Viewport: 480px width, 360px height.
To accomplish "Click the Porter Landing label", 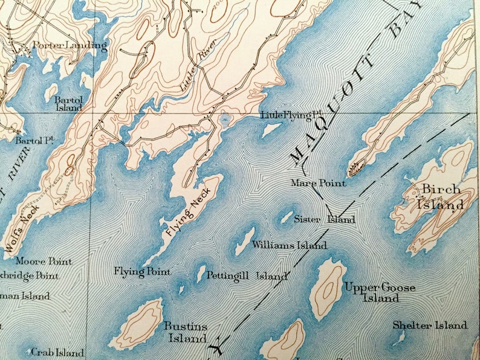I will tap(70, 45).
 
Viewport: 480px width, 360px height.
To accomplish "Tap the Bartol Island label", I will tap(68, 103).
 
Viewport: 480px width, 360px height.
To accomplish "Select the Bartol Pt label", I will tap(35, 140).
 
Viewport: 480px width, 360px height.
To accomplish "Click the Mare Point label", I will tap(319, 183).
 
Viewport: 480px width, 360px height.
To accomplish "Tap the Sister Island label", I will tap(325, 219).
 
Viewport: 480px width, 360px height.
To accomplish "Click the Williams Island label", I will tap(290, 245).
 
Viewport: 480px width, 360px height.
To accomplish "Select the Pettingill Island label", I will tap(247, 276).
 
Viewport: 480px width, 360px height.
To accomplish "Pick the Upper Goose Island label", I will tap(380, 292).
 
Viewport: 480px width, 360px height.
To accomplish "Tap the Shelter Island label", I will tap(430, 326).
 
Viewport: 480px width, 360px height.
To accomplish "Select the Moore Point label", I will tap(44, 262).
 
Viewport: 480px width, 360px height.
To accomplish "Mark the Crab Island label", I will tap(57, 352).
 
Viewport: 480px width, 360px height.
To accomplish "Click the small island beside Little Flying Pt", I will tap(270, 130).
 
